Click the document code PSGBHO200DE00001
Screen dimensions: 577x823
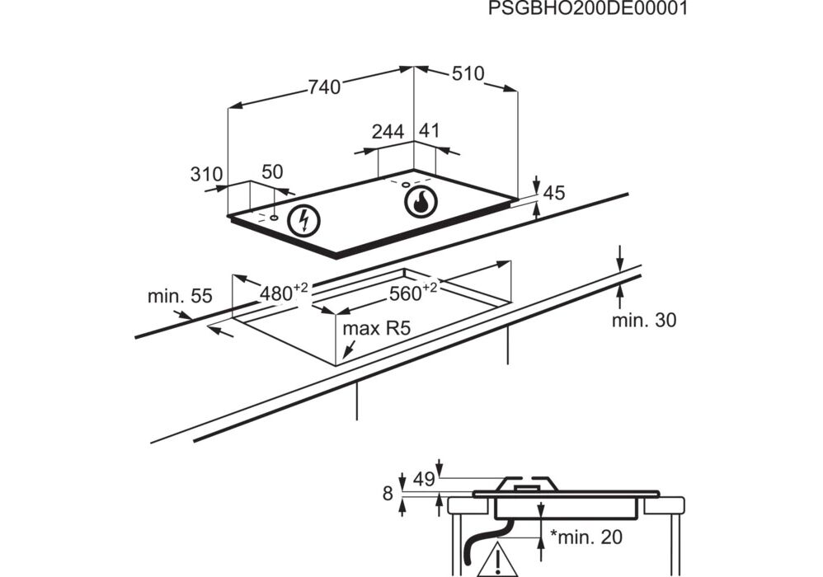(x=588, y=9)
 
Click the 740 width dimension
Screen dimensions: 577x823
(x=323, y=87)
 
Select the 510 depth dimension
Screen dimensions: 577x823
(x=468, y=73)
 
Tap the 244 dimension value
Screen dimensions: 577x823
(x=388, y=132)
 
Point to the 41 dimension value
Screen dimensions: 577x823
(x=430, y=130)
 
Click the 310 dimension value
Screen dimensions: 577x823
(x=206, y=174)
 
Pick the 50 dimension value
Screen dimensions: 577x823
(x=272, y=171)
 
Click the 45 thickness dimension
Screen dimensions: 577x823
(x=554, y=193)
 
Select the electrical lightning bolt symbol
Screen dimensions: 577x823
(x=306, y=220)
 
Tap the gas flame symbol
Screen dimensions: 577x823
(x=419, y=200)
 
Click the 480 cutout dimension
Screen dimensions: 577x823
(x=283, y=292)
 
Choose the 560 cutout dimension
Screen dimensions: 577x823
(x=412, y=292)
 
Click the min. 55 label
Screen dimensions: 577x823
(x=180, y=296)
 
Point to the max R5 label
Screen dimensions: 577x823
(x=377, y=328)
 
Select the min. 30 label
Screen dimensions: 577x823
(x=643, y=320)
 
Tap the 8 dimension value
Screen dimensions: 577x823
(x=388, y=494)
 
